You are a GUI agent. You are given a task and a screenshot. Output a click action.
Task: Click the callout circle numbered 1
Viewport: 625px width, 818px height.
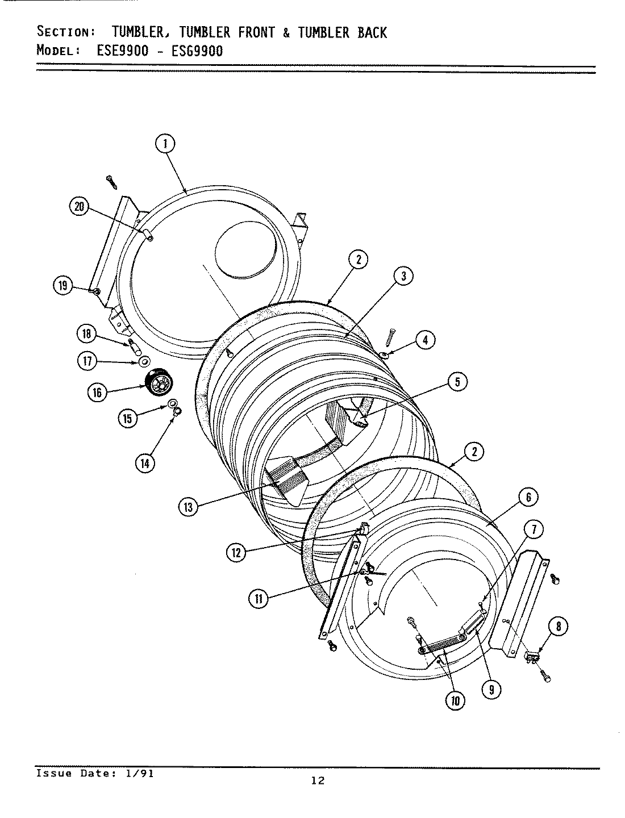[x=165, y=144]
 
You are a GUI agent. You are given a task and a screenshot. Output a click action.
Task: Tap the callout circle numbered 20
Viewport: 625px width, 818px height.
[x=79, y=207]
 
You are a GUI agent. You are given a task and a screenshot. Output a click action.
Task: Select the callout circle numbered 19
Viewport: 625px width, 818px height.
[x=64, y=286]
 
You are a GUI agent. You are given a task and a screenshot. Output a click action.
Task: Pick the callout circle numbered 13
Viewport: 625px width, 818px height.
[x=188, y=507]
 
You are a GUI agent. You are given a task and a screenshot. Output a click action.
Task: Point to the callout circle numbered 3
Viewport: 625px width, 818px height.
[x=403, y=277]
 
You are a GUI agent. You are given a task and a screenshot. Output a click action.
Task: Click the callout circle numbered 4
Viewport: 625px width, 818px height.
[x=425, y=340]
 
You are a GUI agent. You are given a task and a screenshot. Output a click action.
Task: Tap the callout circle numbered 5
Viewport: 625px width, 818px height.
[x=457, y=382]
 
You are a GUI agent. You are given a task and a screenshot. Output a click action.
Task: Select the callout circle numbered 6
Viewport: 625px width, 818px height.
[x=528, y=498]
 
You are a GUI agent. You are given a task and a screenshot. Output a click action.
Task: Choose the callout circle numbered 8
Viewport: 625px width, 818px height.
[x=559, y=627]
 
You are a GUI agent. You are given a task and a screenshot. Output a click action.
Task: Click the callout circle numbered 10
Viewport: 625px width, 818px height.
[x=455, y=700]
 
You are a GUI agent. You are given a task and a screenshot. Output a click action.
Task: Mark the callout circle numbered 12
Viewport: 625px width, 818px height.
[x=235, y=552]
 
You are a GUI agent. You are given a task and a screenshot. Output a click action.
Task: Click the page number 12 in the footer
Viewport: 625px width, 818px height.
[x=318, y=781]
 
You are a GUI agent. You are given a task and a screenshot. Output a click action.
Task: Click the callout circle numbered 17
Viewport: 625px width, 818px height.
[x=88, y=361]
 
